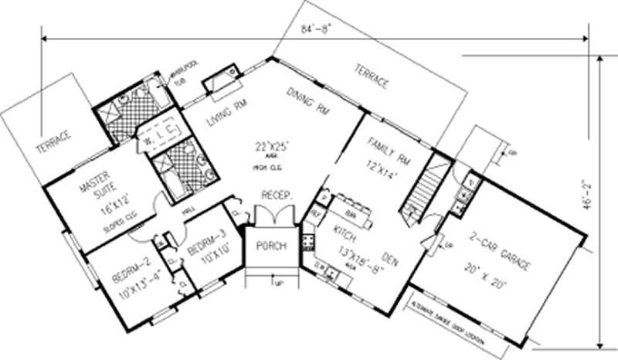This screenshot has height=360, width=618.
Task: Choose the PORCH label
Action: [271, 246]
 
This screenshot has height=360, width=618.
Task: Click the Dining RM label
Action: [308, 101]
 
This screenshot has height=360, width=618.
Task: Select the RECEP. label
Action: [276, 196]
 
